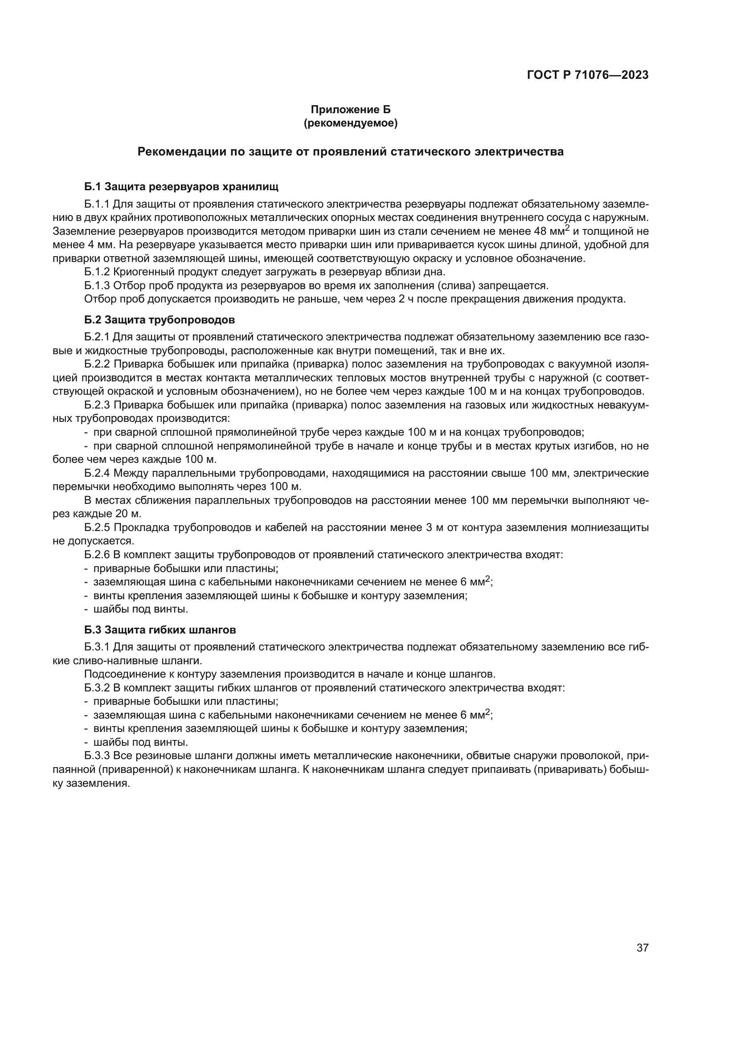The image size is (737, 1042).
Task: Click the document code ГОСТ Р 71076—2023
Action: pyautogui.click(x=588, y=75)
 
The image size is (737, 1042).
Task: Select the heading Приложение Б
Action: pyautogui.click(x=350, y=110)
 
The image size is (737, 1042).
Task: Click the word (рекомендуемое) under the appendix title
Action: pyautogui.click(x=350, y=123)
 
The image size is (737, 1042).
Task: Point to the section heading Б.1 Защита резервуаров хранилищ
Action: pyautogui.click(x=181, y=187)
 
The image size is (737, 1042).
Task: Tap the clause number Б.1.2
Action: pyautogui.click(x=97, y=272)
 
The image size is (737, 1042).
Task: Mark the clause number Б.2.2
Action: pyautogui.click(x=97, y=364)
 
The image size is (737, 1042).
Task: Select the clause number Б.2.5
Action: pyautogui.click(x=97, y=528)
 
